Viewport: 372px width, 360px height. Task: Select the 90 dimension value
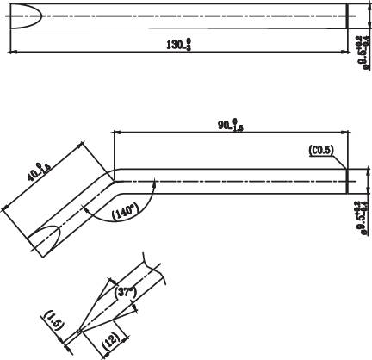point(230,125)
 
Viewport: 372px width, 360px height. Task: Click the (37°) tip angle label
point(126,292)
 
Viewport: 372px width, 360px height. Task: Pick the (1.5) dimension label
point(53,322)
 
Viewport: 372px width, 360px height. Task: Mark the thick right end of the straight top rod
point(346,16)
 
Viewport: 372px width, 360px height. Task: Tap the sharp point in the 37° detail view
point(77,330)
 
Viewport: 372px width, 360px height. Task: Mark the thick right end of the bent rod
point(346,181)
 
